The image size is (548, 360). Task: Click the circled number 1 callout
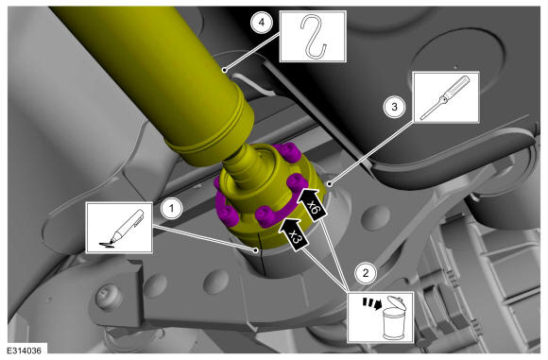[171, 209]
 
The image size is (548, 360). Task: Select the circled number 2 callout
[366, 273]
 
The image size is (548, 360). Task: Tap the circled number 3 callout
[395, 107]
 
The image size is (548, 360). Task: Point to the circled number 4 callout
[262, 23]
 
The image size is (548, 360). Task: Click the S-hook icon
[313, 36]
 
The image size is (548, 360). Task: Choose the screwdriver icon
[445, 97]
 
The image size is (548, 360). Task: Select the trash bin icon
[395, 318]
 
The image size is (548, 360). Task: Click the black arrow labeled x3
[293, 234]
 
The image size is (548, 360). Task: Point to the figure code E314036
[25, 351]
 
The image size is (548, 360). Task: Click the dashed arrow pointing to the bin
[371, 303]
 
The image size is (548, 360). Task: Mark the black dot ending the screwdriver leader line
[329, 182]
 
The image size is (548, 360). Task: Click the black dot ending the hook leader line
[224, 70]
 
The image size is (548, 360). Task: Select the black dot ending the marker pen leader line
[257, 249]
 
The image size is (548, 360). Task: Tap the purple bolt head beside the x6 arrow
[298, 181]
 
